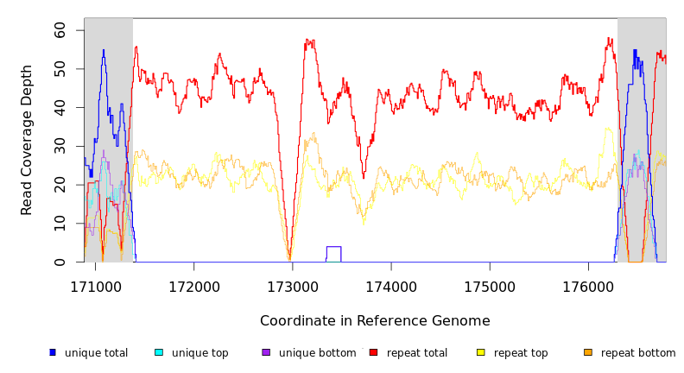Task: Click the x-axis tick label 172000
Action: coord(193,286)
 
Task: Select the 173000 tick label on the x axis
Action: coord(293,286)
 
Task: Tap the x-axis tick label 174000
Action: coord(391,286)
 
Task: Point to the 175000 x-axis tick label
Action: coord(490,286)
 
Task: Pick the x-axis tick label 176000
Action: coord(588,286)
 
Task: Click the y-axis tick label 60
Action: coord(60,29)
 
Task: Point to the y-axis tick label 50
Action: coord(60,68)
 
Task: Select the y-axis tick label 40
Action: coord(60,107)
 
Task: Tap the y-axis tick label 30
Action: coord(60,146)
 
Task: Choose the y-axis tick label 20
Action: coord(60,185)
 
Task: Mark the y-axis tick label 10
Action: coord(60,224)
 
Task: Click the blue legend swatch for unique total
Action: coord(53,352)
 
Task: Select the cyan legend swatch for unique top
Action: coord(159,352)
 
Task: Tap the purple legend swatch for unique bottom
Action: coord(266,352)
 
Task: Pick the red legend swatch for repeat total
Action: coord(373,352)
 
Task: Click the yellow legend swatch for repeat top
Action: coord(481,352)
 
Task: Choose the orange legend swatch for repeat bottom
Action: coord(588,352)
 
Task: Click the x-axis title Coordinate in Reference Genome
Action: coord(375,321)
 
